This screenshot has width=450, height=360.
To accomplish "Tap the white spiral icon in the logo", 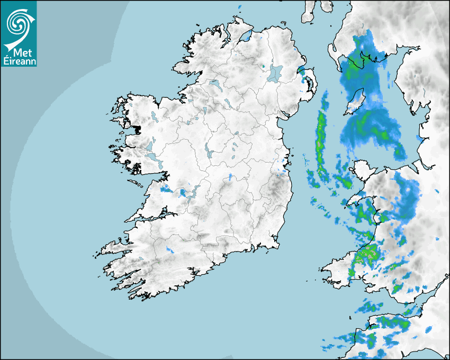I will click(x=18, y=24).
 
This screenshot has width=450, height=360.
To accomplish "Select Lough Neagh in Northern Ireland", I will click(x=276, y=73).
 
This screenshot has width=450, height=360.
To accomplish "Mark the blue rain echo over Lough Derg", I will click(x=183, y=192).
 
